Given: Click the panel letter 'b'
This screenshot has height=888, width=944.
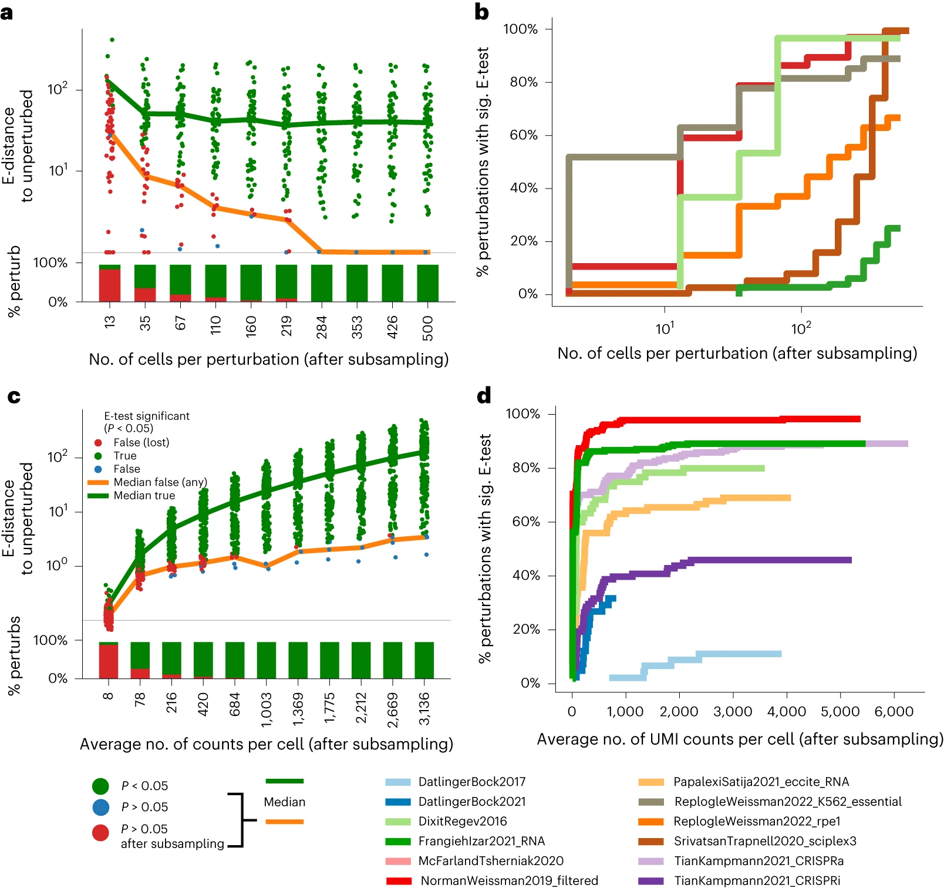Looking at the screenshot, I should (x=481, y=12).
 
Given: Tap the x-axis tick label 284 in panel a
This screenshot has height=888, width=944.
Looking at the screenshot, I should (x=322, y=327).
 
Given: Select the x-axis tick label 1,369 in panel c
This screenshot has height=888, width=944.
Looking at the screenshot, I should (x=298, y=709).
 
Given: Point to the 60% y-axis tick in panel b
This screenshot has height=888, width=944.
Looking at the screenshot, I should (x=524, y=135).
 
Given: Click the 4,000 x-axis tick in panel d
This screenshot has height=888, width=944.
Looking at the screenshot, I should (x=787, y=712).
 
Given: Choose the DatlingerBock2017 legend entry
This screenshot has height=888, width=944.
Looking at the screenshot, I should (x=471, y=782).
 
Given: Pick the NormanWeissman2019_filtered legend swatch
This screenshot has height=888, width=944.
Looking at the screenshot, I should (x=399, y=880).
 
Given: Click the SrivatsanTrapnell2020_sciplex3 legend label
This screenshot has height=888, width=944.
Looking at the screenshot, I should (x=765, y=841).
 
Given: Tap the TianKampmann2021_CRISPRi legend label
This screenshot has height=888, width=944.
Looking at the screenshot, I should (x=757, y=880).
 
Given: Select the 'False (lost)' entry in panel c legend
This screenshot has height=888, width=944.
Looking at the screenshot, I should (x=141, y=442).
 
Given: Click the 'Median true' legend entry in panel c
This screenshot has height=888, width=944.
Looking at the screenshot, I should (x=144, y=495).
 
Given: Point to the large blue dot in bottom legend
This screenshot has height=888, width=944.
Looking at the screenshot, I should (x=101, y=807).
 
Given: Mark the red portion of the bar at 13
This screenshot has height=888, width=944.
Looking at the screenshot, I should (x=110, y=285).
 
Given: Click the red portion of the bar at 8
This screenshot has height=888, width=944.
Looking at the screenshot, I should (x=109, y=661).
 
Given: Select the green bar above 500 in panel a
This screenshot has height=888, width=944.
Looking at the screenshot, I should (x=427, y=283).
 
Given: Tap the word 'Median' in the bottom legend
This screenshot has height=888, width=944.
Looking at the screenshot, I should (x=285, y=802).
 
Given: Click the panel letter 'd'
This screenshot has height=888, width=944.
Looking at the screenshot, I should (x=484, y=396).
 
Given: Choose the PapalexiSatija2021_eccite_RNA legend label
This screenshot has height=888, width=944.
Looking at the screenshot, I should (x=761, y=782).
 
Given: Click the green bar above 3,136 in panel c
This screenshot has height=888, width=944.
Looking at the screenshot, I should (x=424, y=660).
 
